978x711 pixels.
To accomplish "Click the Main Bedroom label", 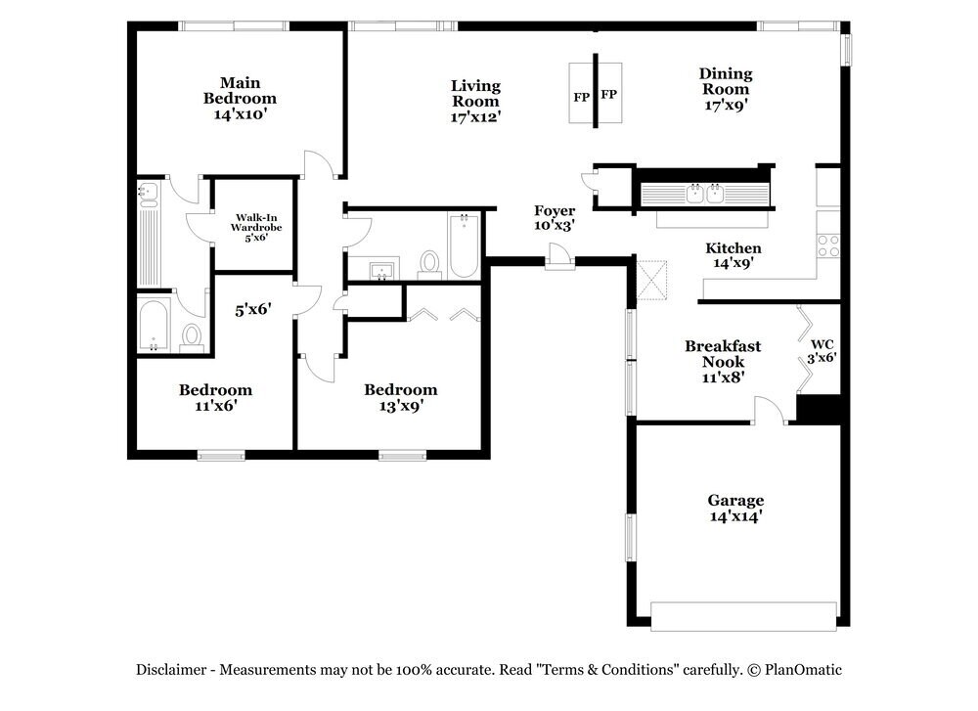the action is point(241,98).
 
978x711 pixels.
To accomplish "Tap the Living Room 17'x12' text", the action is point(476,101).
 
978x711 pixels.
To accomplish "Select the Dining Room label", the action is point(726,89).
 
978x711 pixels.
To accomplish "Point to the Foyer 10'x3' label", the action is point(555,218).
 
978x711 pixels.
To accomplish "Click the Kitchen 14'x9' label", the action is point(733,255).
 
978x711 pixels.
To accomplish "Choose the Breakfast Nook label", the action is point(723,361).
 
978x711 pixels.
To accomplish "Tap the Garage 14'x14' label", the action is point(736,509).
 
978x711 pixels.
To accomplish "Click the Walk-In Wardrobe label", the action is point(255,227).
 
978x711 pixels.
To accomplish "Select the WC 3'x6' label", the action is point(822,351).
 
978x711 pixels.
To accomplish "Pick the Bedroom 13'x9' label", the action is point(401,398).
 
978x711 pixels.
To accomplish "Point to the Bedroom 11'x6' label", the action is point(216,398).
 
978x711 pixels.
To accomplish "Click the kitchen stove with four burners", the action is point(828,245).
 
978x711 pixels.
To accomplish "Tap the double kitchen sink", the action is point(705,194).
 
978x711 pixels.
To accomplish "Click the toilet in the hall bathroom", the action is point(429,263).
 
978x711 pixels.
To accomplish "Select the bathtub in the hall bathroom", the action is point(463,245).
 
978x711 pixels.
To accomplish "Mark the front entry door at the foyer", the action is point(559,257).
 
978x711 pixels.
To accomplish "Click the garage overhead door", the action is point(743,616).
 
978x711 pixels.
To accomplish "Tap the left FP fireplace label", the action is point(581,97).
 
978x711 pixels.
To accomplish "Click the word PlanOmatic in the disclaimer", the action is point(803,670).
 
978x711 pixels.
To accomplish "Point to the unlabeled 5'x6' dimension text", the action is point(253,309).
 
